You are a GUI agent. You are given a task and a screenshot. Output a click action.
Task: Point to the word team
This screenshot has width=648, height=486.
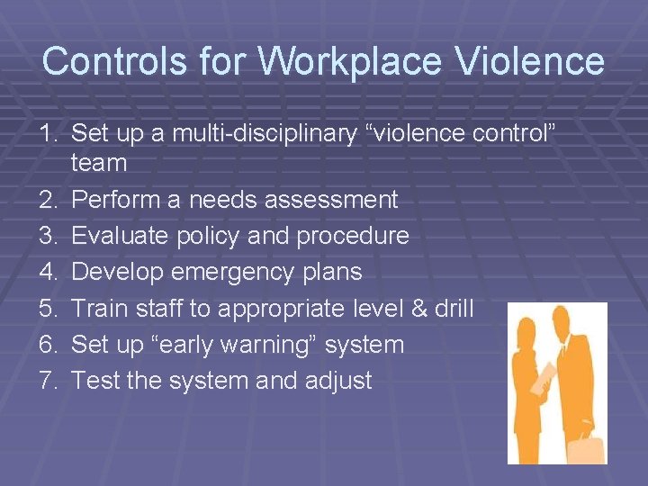coord(99,163)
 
